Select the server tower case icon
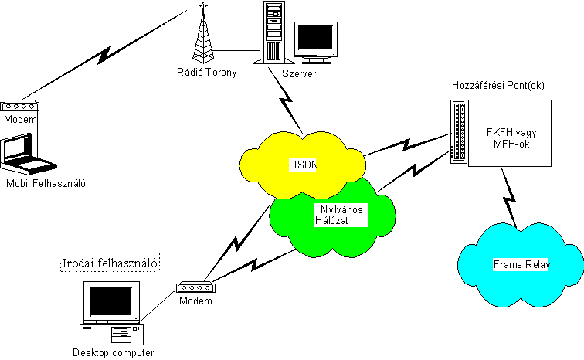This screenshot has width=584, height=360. pos(273,32)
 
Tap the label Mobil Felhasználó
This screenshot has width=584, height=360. pos(45,184)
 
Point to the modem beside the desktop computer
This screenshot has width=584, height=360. pos(195,287)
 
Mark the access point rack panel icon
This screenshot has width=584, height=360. pos(461,131)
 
